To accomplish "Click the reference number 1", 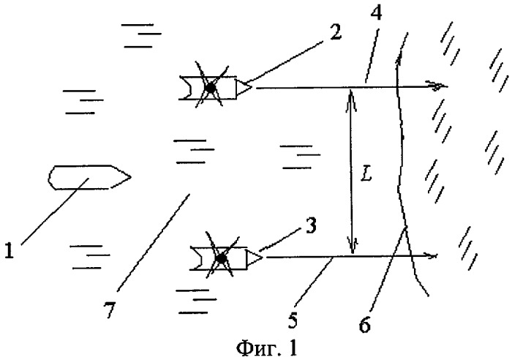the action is coord(9,251).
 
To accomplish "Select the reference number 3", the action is coord(311,225).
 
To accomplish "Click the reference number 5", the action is coord(293,320).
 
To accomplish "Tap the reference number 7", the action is coord(110,310).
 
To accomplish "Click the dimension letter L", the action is coord(366,176).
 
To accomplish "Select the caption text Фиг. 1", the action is coord(267,348).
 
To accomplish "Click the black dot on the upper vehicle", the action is coord(210,88).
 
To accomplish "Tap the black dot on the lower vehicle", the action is coord(222,259).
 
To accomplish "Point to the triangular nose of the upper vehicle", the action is coord(244,87).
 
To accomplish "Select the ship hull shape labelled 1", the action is coord(89,177).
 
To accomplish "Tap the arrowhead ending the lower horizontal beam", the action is coord(431,256).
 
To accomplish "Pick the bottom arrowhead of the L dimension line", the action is coord(353,246).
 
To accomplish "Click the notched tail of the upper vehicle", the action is coord(185,88).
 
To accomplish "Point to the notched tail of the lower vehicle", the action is coord(196,258).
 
